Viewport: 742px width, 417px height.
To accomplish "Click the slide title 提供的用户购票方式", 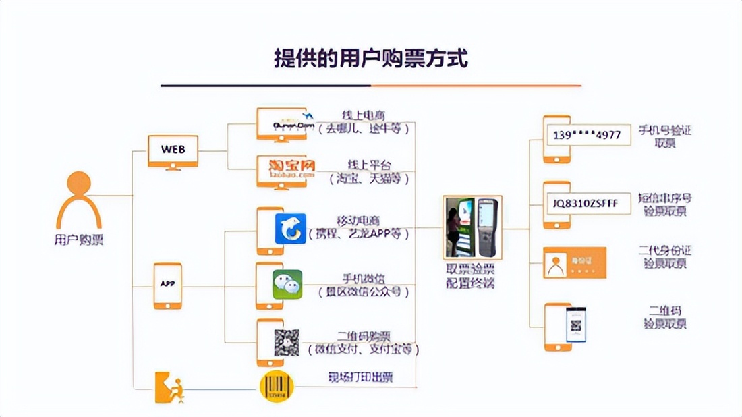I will point(370,58).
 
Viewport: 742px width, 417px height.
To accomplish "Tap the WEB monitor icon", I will point(173,150).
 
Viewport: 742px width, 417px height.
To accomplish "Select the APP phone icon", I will point(167,285).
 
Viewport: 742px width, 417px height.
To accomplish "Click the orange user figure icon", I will point(79,200).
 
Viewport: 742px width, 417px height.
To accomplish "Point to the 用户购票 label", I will point(79,239).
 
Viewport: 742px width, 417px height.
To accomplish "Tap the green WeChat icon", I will point(287,284).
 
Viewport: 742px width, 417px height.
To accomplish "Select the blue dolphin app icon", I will point(290,228).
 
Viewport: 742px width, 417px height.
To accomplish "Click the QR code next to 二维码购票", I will point(287,343).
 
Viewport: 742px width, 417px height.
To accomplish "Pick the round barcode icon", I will point(277,388).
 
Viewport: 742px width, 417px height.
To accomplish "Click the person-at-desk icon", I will point(169,387).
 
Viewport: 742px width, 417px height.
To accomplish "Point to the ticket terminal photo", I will point(471,227).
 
